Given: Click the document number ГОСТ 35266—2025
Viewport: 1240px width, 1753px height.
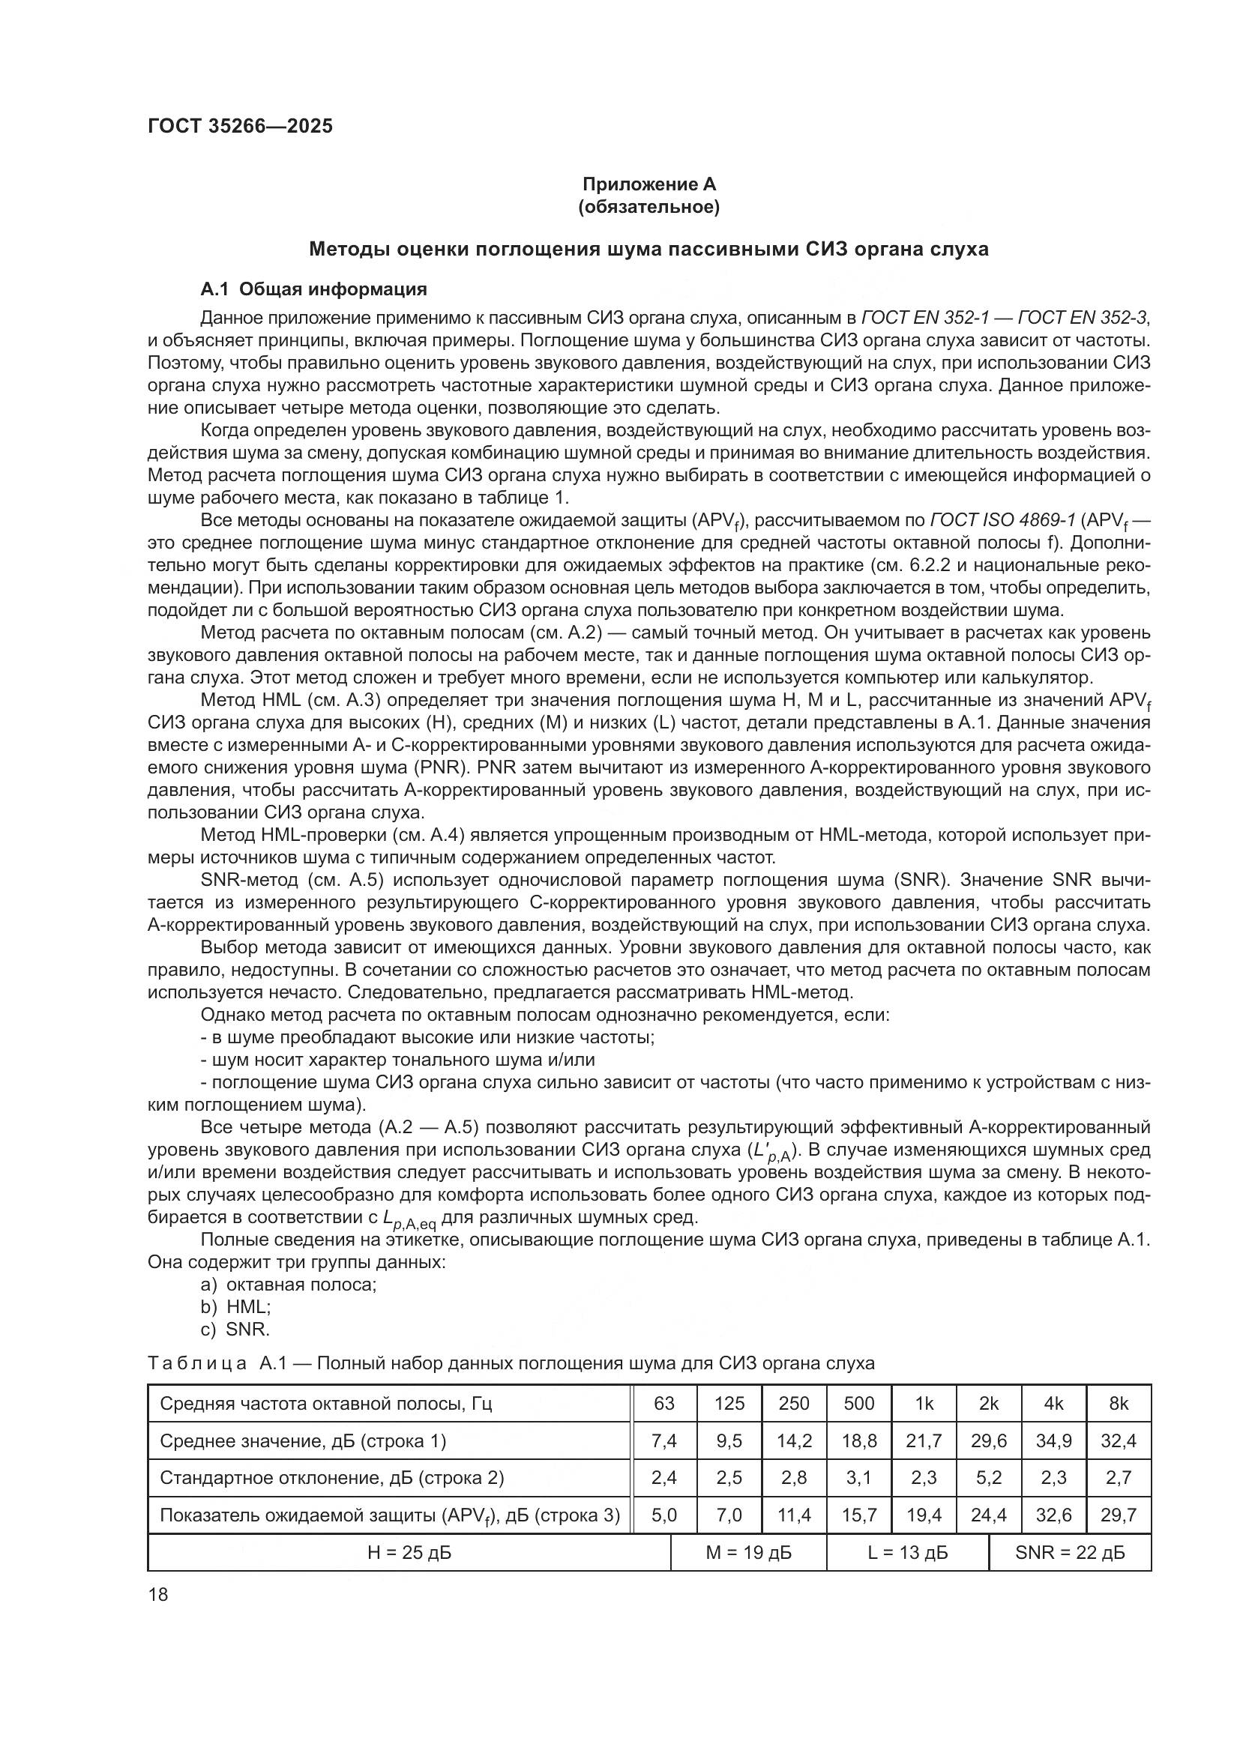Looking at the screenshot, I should pyautogui.click(x=241, y=127).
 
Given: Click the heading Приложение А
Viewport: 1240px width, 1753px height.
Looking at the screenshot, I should pyautogui.click(x=649, y=184).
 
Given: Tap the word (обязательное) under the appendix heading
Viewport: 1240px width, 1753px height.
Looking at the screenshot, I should pyautogui.click(x=649, y=207).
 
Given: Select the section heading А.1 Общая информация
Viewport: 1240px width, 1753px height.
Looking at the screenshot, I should pyautogui.click(x=313, y=289).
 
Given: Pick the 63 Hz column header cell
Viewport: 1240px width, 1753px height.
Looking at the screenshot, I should pyautogui.click(x=664, y=1403).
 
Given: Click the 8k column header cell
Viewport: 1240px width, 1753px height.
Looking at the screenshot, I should pyautogui.click(x=1119, y=1403).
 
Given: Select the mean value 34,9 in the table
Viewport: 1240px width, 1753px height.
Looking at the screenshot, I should pyautogui.click(x=1053, y=1440).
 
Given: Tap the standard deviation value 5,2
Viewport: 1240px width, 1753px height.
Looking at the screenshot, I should pyautogui.click(x=989, y=1477).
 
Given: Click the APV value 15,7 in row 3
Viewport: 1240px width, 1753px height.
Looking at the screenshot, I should pyautogui.click(x=859, y=1515).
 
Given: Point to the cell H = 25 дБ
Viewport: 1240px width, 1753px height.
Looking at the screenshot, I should pyautogui.click(x=409, y=1552).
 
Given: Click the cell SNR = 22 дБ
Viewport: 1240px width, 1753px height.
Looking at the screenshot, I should pyautogui.click(x=1070, y=1552).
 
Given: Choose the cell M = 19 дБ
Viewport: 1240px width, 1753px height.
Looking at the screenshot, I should pyautogui.click(x=748, y=1552).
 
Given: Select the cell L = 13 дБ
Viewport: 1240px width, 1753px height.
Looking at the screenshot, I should pyautogui.click(x=908, y=1552).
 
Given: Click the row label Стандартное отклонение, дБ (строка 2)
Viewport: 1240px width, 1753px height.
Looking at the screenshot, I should pyautogui.click(x=331, y=1477).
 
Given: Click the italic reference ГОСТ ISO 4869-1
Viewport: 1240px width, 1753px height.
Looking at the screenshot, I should pyautogui.click(x=1002, y=521).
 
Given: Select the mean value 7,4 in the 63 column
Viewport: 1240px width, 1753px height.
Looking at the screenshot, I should pyautogui.click(x=664, y=1440).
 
